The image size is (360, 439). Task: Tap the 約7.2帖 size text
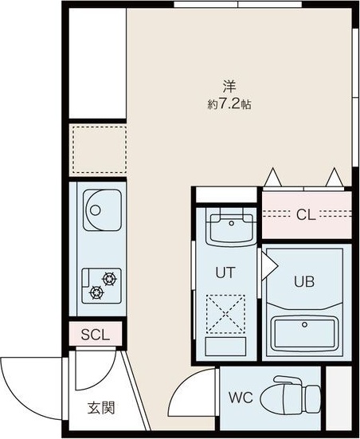229,104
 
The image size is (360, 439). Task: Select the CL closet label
305,214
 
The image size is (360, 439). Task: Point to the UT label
225,272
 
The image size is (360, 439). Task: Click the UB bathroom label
303,281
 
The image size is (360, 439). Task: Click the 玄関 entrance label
101,408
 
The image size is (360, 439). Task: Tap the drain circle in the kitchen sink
94,212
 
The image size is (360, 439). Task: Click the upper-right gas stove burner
108,279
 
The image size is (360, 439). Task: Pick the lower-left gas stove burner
96,292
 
